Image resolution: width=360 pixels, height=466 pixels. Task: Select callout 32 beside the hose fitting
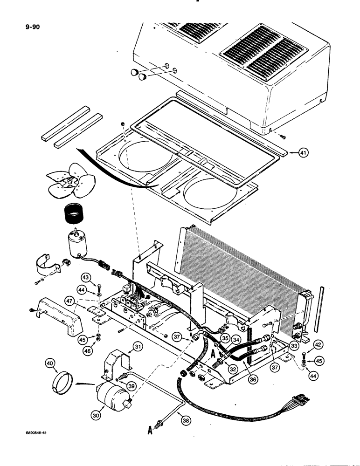point(233,368)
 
